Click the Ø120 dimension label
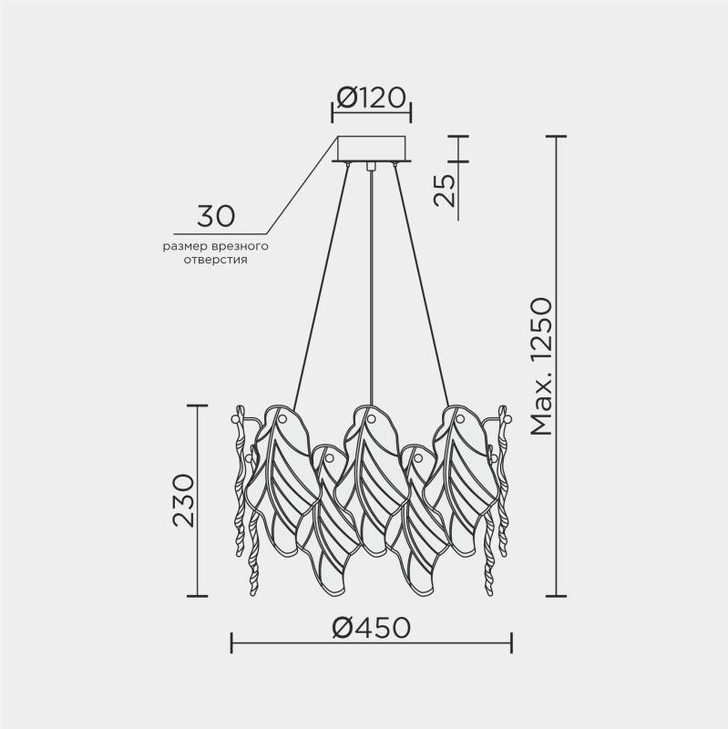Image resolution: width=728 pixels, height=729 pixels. [371, 98]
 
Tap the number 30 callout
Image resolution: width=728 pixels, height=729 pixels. [216, 216]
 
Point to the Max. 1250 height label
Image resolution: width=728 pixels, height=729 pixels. [542, 367]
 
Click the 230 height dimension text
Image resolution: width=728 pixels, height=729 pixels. [183, 500]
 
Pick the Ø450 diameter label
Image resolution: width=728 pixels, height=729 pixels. [372, 627]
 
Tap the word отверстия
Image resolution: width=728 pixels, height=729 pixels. [215, 260]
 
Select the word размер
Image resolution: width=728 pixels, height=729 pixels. [186, 246]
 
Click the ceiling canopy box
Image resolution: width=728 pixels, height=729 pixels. [372, 149]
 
